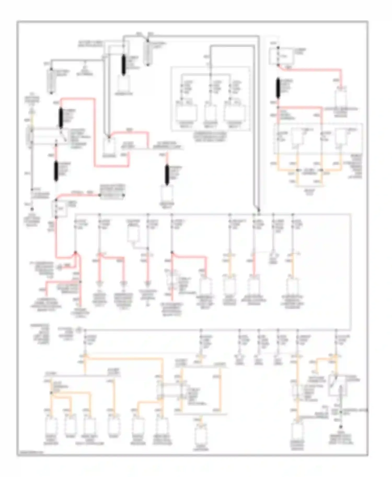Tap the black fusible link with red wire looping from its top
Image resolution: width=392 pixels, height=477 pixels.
tap(61, 118)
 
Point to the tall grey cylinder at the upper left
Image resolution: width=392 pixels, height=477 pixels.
tap(51, 82)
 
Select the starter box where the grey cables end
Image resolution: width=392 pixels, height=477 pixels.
tap(109, 145)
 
